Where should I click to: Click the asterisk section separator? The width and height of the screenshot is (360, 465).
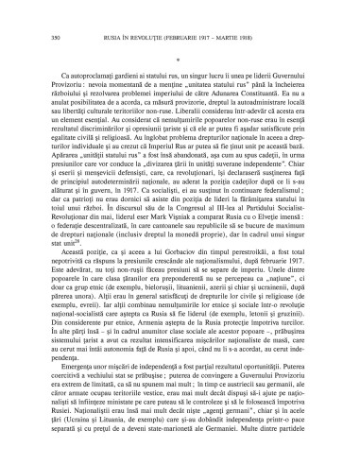pyautogui.click(x=179, y=55)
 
